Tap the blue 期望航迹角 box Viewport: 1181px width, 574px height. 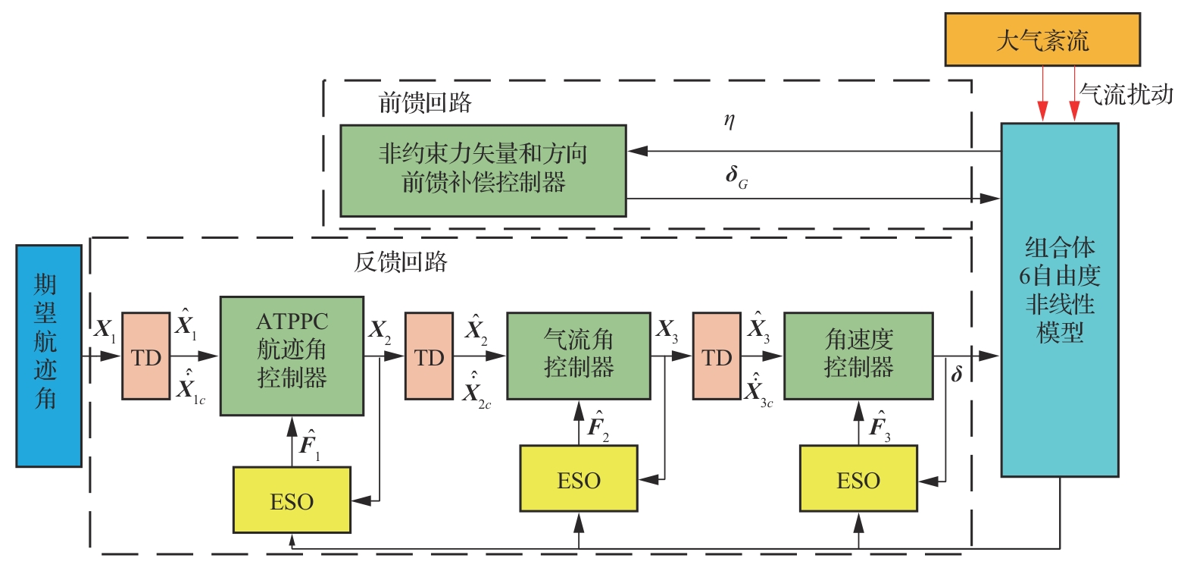[x=48, y=355]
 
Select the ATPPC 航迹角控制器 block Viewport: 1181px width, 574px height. [x=292, y=355]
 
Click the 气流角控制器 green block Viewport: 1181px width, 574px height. [x=578, y=355]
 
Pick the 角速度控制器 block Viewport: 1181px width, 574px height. [x=858, y=355]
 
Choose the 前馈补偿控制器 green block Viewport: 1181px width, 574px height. [x=483, y=170]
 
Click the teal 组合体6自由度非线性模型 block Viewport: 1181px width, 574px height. [x=1059, y=300]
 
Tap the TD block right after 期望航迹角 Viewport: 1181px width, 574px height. [x=146, y=355]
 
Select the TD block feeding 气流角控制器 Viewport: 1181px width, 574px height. [x=429, y=355]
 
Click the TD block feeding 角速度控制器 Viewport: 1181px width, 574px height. [x=716, y=355]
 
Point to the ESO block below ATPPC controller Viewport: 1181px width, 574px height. [x=292, y=500]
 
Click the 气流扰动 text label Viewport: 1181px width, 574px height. [x=1126, y=94]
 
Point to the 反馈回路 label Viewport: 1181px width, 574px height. [x=401, y=262]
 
